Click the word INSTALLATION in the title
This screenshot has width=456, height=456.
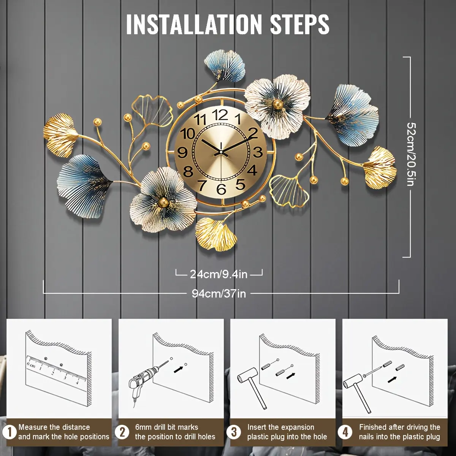click(194, 24)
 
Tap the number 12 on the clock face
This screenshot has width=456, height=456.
click(220, 115)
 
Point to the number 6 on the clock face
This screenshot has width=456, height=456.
click(222, 189)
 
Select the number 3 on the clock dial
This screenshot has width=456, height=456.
click(258, 152)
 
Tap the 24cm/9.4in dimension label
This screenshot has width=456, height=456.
click(218, 274)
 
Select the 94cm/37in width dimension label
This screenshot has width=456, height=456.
click(219, 294)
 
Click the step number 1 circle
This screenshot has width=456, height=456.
click(10, 432)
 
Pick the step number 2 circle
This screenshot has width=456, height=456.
click(122, 432)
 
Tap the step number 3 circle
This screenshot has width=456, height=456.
click(234, 432)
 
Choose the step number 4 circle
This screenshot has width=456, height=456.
click(345, 432)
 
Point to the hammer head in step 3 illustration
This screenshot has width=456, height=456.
click(247, 378)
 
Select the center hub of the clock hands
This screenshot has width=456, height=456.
click(221, 152)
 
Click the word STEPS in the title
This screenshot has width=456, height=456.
click(299, 24)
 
